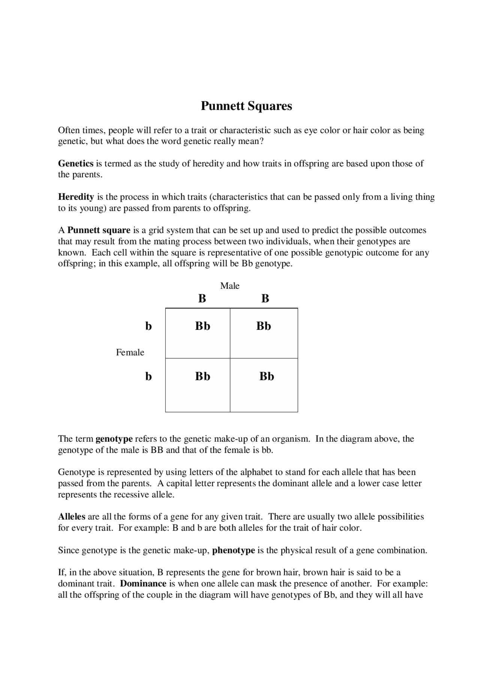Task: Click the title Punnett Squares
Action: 246,106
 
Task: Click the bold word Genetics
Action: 75,163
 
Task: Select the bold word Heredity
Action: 76,197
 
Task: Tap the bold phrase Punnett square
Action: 99,230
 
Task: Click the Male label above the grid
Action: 229,286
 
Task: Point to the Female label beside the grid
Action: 130,352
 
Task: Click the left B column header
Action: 202,299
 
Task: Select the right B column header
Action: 265,299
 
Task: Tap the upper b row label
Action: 148,326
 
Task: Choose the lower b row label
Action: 148,376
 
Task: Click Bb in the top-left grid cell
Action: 202,326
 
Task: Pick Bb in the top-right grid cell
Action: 264,326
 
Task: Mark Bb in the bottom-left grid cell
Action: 202,376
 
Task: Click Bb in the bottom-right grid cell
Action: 267,376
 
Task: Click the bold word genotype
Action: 114,439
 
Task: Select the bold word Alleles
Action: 72,517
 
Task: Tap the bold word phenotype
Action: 233,550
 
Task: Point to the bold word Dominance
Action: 143,584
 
